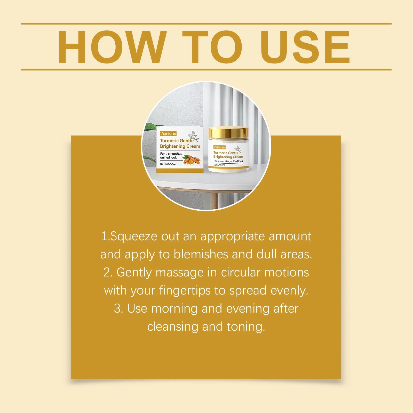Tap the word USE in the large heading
(x=305, y=47)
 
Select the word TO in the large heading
(x=212, y=47)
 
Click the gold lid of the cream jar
(x=228, y=132)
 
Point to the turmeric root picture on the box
(x=192, y=160)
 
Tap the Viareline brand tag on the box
(x=168, y=133)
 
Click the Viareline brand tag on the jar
(x=219, y=147)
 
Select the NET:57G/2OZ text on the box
(x=168, y=164)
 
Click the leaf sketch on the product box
(x=193, y=137)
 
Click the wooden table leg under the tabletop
(x=215, y=200)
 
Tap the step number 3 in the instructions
(x=118, y=309)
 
